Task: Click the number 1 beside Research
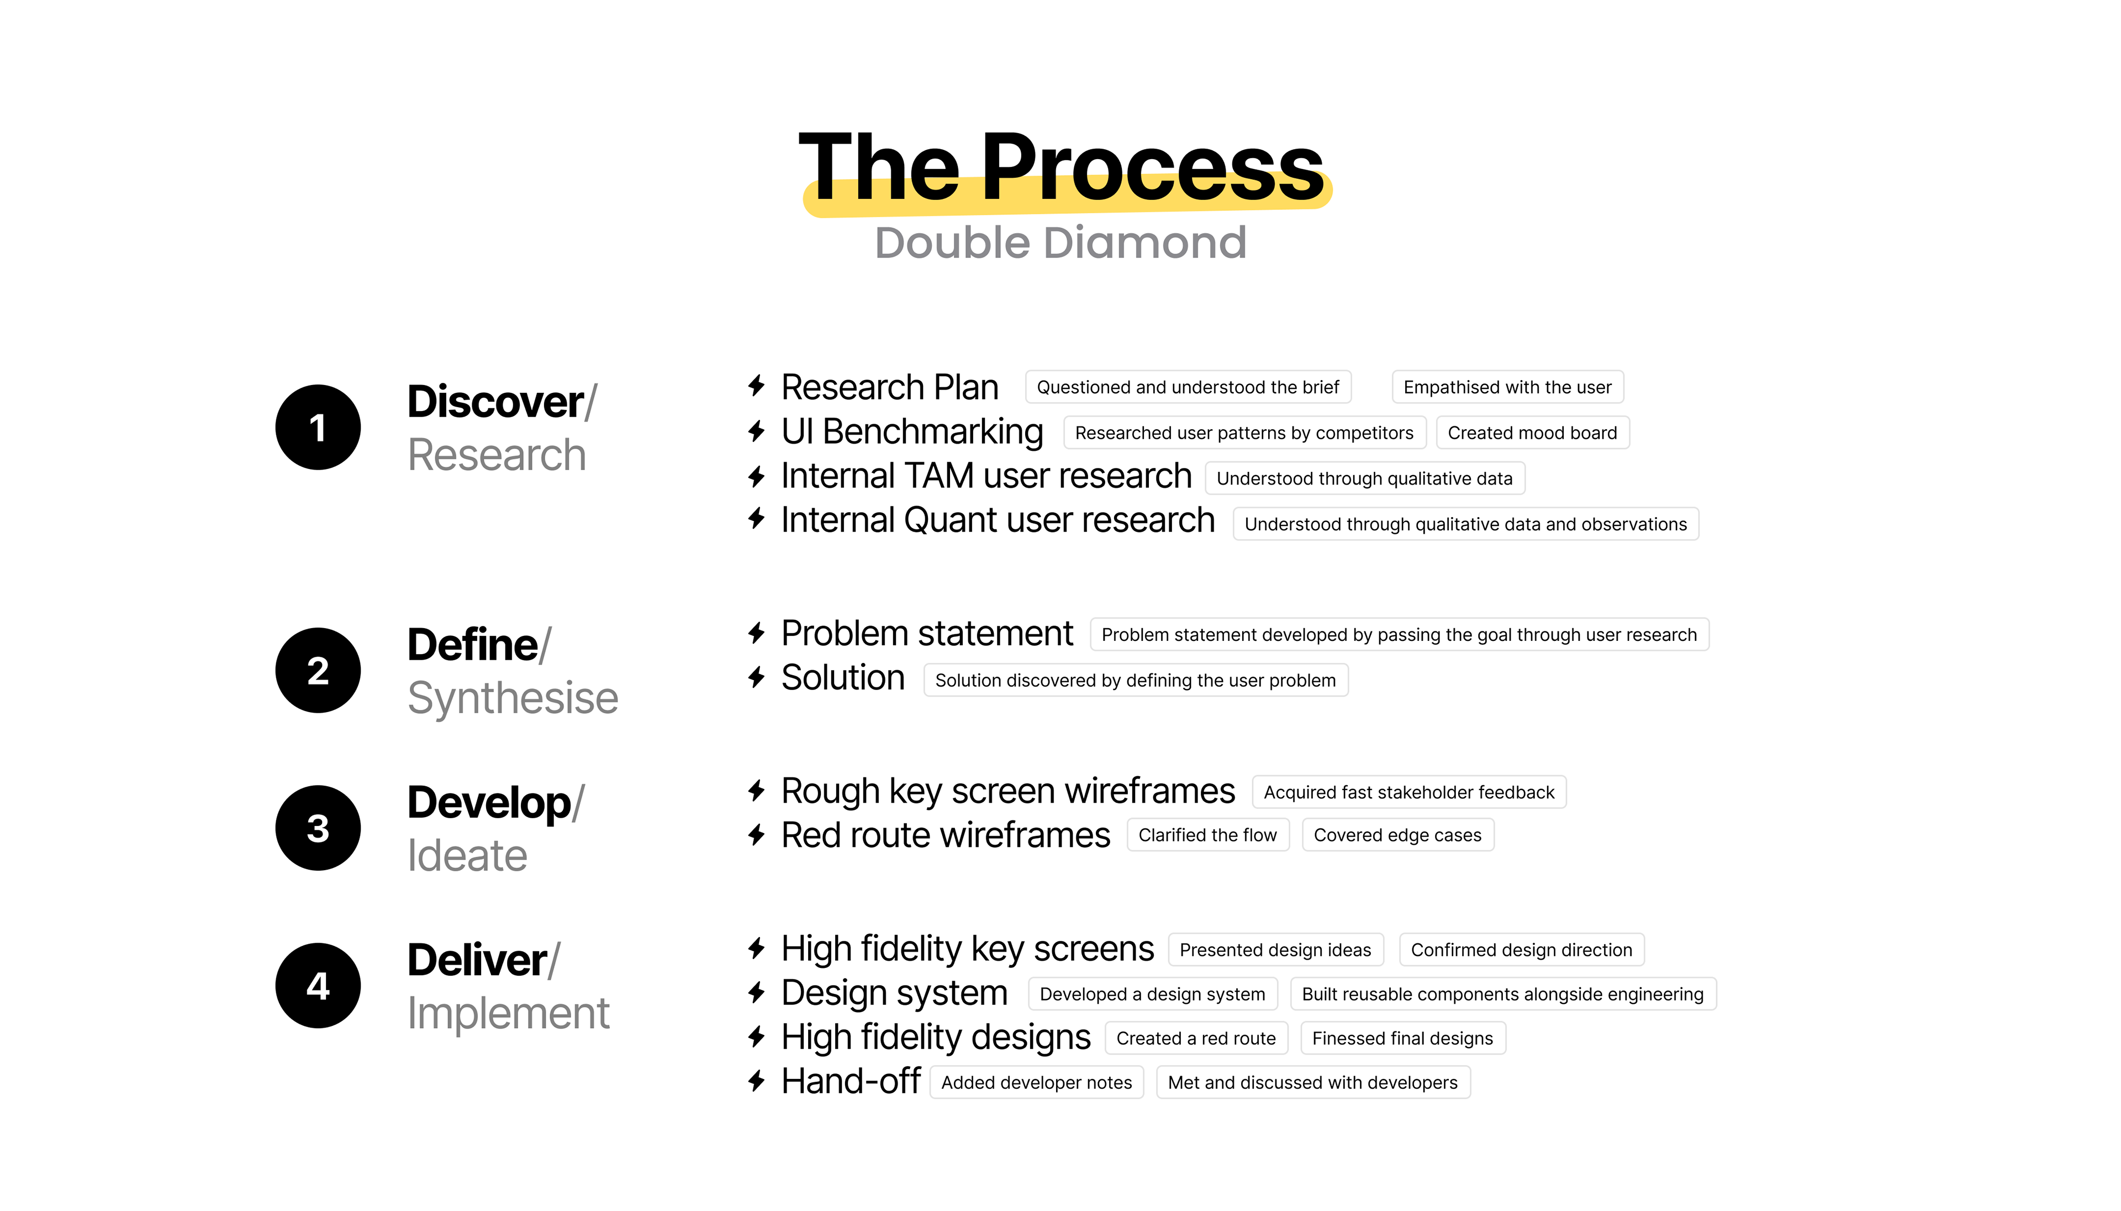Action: pyautogui.click(x=317, y=428)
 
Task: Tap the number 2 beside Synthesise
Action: pyautogui.click(x=318, y=671)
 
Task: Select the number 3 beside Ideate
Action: pyautogui.click(x=318, y=828)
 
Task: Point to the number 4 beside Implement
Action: pyautogui.click(x=318, y=987)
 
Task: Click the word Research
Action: pyautogui.click(x=497, y=455)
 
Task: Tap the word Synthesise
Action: pyautogui.click(x=512, y=698)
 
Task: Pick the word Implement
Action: pyautogui.click(x=508, y=1014)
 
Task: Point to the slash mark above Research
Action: pyautogui.click(x=591, y=403)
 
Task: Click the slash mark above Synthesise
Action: pyautogui.click(x=545, y=645)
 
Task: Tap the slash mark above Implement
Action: pyautogui.click(x=555, y=961)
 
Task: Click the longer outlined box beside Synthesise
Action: pyautogui.click(x=1399, y=634)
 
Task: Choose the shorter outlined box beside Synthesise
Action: pyautogui.click(x=1136, y=680)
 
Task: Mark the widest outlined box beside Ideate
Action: pyautogui.click(x=1408, y=792)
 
